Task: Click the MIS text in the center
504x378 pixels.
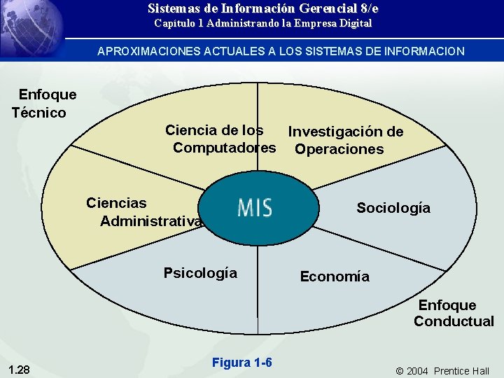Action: [255, 208]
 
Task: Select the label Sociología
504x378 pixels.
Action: [393, 208]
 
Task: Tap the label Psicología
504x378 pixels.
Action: [200, 273]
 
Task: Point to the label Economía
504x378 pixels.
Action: [335, 276]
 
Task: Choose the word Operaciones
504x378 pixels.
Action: [339, 149]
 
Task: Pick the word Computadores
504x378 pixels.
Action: [224, 148]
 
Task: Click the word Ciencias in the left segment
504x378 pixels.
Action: [116, 203]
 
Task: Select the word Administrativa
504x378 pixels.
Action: [151, 221]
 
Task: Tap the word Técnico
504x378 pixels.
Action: [39, 113]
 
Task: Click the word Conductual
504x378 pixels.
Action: [454, 321]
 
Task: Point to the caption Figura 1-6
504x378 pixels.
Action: [241, 362]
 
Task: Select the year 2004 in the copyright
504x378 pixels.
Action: [417, 370]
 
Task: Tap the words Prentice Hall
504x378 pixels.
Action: [461, 370]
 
